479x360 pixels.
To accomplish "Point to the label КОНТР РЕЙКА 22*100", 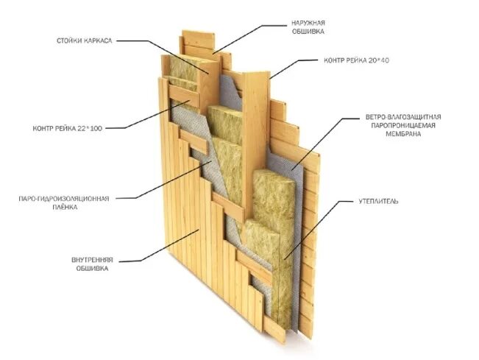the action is click(x=67, y=128).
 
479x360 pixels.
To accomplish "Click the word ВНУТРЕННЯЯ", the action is click(x=80, y=261).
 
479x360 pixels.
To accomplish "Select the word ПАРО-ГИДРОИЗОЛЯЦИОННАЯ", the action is click(x=64, y=199).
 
